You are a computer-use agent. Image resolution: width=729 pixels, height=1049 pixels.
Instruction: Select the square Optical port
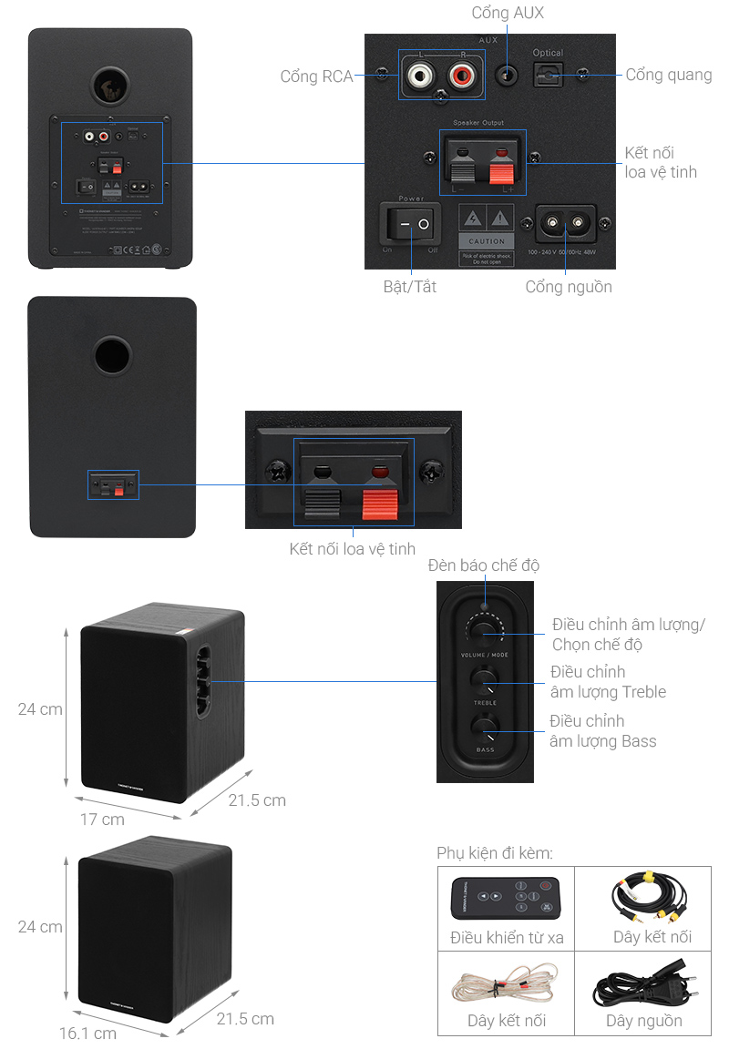click(548, 74)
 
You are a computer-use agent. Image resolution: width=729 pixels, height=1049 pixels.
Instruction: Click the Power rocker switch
click(409, 222)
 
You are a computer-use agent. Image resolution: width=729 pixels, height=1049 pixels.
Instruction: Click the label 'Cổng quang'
click(669, 75)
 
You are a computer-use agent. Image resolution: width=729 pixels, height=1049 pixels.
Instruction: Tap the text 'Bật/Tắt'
click(409, 287)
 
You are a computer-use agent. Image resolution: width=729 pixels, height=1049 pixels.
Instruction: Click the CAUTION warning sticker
click(486, 233)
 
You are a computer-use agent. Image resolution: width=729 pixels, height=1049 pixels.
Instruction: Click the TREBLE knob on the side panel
click(485, 682)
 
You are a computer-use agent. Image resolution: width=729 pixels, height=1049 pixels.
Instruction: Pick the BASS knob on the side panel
click(485, 728)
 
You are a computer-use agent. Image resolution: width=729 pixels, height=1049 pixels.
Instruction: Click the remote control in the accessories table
click(506, 898)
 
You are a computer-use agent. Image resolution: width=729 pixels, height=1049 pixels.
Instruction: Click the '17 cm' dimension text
click(102, 820)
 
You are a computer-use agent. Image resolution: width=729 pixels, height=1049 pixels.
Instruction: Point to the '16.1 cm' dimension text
click(87, 1034)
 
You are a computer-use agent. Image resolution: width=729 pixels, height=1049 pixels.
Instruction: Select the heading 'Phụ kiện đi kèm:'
click(495, 853)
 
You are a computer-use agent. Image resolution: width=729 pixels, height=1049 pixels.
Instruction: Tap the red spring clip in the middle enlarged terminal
click(381, 503)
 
